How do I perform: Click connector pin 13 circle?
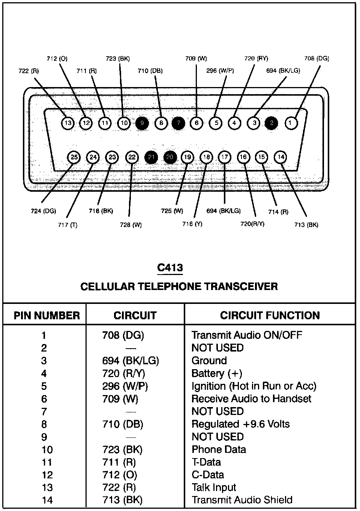[67, 123]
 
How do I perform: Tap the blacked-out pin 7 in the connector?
[178, 123]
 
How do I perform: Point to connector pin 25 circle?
[74, 157]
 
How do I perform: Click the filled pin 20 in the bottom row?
[170, 157]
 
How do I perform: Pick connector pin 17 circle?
[224, 157]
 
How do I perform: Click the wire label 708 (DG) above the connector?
[316, 58]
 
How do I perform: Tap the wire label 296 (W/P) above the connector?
[220, 71]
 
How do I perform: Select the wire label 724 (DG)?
[43, 211]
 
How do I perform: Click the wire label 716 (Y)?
[192, 224]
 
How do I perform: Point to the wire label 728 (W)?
[131, 225]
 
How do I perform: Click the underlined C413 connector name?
[170, 268]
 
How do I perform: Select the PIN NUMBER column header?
[47, 316]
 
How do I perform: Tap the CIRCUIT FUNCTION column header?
[270, 316]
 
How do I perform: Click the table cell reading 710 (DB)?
[123, 424]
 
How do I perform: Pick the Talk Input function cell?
[214, 487]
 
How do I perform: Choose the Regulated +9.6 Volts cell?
[240, 424]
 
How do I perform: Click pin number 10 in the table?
[47, 450]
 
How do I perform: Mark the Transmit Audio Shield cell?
[242, 500]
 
